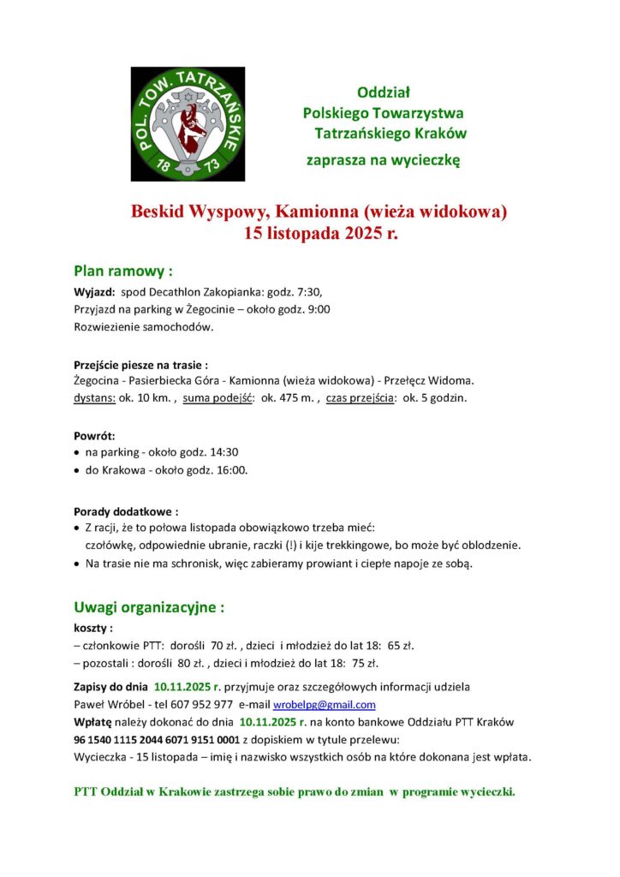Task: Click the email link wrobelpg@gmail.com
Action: point(325,705)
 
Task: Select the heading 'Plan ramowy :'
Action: point(123,271)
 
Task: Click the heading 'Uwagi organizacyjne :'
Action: point(149,608)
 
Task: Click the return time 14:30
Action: point(222,452)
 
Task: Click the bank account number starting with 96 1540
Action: point(157,739)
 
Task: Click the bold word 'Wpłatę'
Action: point(94,722)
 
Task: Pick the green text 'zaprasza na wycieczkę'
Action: point(384,160)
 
